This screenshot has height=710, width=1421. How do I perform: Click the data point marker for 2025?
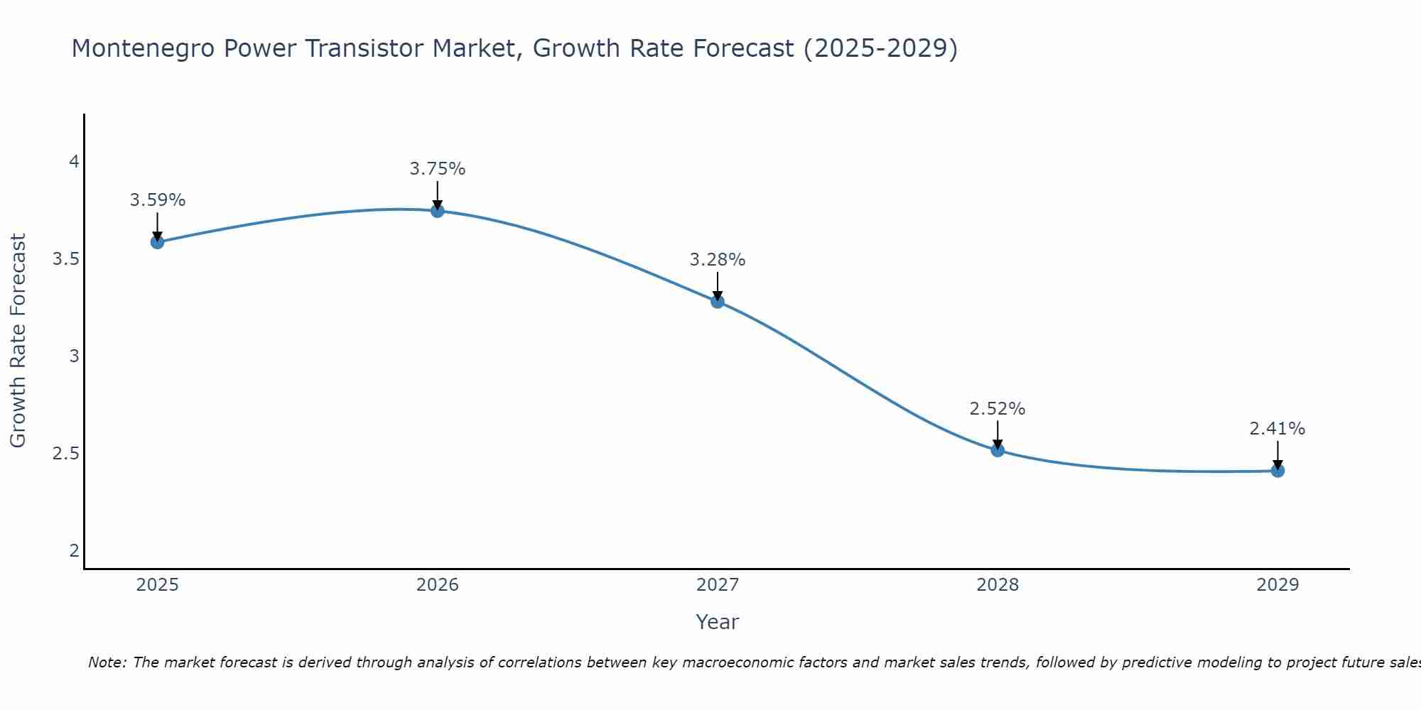point(158,242)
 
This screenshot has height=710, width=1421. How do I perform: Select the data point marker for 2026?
point(438,211)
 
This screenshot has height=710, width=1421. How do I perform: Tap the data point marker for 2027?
point(718,302)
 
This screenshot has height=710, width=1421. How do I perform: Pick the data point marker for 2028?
point(998,449)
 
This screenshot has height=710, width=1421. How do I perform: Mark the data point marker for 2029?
point(1277,471)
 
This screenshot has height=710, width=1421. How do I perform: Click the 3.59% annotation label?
point(158,200)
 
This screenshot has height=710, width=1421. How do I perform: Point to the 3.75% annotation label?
point(438,169)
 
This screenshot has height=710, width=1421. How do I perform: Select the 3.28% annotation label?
point(718,260)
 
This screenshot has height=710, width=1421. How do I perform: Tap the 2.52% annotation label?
point(998,409)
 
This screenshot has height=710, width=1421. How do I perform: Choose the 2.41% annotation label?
point(1277,429)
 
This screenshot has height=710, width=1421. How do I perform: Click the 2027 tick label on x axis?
point(718,585)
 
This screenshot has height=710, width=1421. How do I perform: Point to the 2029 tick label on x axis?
point(1277,585)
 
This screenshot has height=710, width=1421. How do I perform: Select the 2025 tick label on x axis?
point(158,585)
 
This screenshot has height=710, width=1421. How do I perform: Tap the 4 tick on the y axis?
point(74,162)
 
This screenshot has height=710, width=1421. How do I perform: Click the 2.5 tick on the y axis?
point(66,453)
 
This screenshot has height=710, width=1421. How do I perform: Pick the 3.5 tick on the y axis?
point(66,259)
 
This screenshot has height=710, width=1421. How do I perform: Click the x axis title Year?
point(718,622)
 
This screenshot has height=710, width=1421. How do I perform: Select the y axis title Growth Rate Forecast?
point(18,341)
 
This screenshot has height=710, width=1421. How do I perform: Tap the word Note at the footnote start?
point(107,662)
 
